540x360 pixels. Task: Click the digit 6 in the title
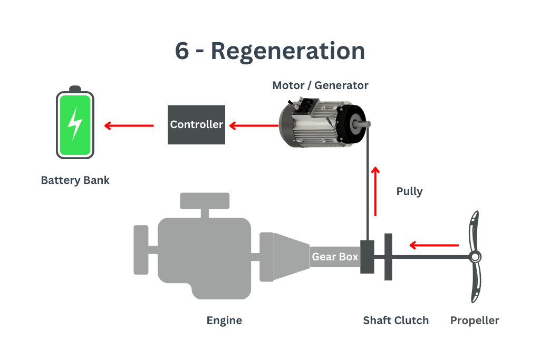(x=182, y=52)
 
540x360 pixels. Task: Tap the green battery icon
(x=75, y=124)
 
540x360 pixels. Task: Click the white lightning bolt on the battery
(x=75, y=123)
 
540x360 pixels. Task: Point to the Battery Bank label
(x=75, y=180)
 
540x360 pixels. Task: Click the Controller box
(x=197, y=125)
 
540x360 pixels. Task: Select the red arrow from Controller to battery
(x=129, y=125)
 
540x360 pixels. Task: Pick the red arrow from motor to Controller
(x=253, y=125)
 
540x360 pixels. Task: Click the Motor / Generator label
(x=320, y=85)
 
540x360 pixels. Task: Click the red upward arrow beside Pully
(x=375, y=191)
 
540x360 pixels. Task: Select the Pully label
(x=409, y=191)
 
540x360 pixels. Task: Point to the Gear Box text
(x=335, y=257)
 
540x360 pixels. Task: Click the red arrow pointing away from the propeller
(x=433, y=245)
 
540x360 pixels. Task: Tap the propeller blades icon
(x=475, y=257)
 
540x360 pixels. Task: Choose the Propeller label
(x=475, y=320)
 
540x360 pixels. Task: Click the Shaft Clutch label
(x=396, y=320)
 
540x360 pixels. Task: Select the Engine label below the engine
(x=225, y=320)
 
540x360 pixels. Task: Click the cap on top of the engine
(x=205, y=200)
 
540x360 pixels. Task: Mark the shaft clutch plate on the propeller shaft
(x=389, y=257)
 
